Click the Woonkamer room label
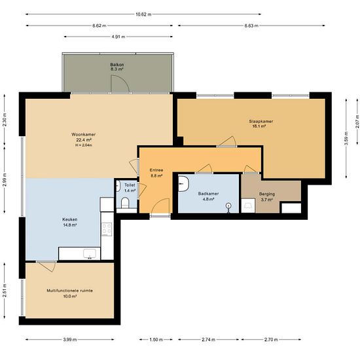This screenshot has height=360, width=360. tap(83, 135)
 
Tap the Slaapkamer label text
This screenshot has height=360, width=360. tap(261, 122)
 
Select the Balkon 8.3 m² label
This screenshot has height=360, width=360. tap(117, 67)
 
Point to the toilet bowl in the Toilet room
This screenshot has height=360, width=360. tap(126, 202)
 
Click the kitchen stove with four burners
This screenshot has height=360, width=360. tap(107, 229)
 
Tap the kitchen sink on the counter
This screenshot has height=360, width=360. tap(90, 254)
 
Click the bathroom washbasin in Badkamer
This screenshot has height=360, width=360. tap(183, 184)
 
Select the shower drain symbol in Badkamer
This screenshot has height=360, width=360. tap(228, 206)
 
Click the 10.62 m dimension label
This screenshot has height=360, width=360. tap(143, 14)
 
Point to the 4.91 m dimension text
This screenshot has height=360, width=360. tap(118, 37)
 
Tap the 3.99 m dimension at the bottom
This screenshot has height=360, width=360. tap(70, 340)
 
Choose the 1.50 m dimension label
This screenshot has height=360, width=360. tap(156, 340)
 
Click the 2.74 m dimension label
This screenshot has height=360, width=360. tap(208, 340)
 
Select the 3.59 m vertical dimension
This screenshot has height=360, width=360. tap(346, 139)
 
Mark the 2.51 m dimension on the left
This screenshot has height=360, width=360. tap(5, 291)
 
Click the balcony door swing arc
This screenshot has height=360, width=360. tap(126, 81)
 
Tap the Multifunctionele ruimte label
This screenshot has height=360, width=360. tap(70, 291)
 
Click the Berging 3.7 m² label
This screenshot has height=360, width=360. tap(267, 197)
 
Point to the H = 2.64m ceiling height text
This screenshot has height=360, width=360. tap(84, 145)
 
